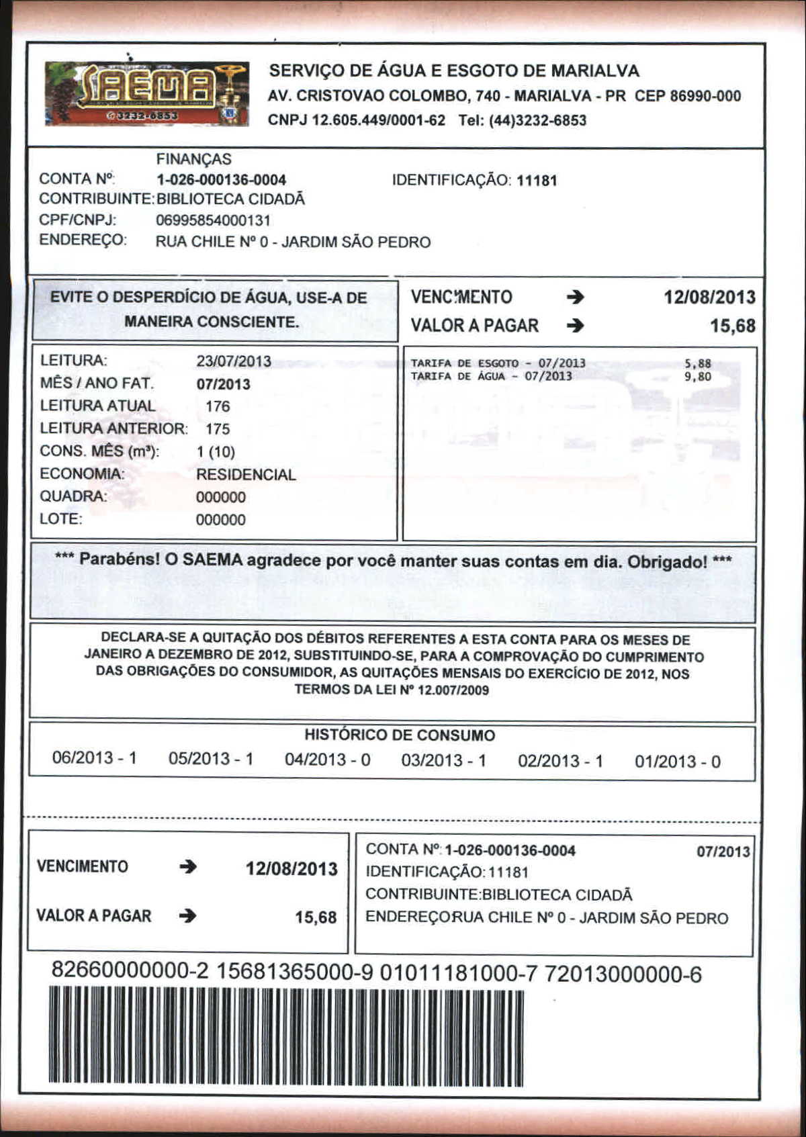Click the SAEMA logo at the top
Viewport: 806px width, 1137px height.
[x=146, y=94]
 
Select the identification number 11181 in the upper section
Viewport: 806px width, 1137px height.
[x=537, y=181]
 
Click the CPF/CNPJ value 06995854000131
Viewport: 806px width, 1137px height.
[x=213, y=220]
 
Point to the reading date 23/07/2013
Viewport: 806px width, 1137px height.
[x=234, y=361]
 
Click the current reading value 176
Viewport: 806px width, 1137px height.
[x=218, y=406]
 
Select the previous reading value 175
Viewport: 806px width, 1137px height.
[x=218, y=429]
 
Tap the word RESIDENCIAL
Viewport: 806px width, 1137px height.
[x=246, y=475]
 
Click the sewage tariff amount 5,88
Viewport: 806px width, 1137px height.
[x=697, y=364]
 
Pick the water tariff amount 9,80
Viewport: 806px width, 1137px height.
[x=697, y=377]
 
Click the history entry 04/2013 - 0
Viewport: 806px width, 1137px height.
[x=327, y=760]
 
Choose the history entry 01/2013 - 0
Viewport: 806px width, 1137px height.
[x=677, y=762]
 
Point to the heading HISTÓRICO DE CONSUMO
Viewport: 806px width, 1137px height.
[x=400, y=735]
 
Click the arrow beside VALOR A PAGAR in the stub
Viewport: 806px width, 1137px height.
[x=188, y=915]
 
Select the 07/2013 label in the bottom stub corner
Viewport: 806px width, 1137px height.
[x=723, y=852]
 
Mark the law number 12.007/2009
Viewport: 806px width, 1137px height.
[x=453, y=690]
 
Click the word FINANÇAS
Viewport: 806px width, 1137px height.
[x=193, y=159]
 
